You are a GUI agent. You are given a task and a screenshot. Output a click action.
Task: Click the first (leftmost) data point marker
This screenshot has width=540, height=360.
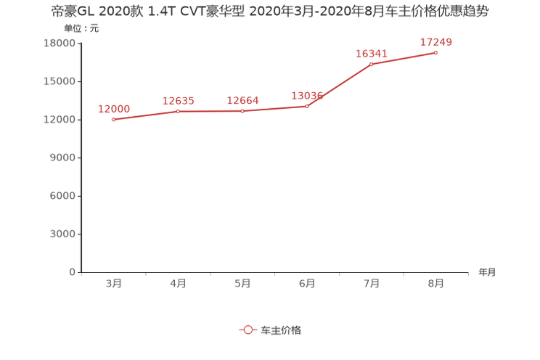113,119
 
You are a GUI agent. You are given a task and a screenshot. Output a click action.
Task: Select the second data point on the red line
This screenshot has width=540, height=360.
178,111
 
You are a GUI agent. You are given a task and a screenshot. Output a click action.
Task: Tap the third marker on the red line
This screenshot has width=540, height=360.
242,111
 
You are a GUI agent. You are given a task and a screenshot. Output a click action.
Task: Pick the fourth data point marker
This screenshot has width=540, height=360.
307,106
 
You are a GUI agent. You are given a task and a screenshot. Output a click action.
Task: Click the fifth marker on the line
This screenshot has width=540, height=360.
371,64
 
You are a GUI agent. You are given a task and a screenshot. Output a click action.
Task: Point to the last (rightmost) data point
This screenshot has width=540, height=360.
435,52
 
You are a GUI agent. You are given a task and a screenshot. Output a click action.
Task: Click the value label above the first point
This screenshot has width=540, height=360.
114,109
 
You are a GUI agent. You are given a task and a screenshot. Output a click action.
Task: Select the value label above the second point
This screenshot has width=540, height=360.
179,101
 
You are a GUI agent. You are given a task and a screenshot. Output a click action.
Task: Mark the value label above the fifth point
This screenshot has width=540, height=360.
372,53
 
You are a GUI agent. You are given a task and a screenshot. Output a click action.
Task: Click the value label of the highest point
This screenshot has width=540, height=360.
436,42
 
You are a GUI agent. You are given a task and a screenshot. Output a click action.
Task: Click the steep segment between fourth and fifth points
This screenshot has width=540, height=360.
339,85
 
